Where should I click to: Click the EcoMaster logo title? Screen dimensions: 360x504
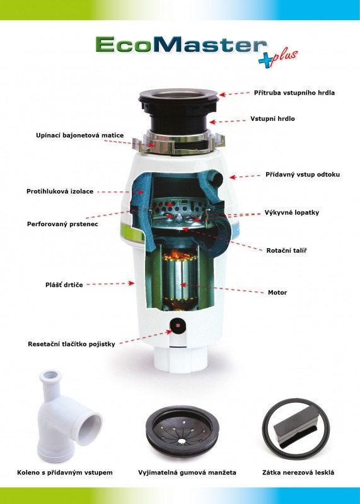point(181,44)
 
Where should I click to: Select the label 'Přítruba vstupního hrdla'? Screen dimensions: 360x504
point(294,93)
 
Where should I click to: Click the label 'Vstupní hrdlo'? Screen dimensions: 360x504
point(272,118)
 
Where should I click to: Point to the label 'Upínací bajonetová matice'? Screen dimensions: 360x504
point(80,135)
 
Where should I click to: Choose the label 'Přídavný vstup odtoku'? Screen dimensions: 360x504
point(303,175)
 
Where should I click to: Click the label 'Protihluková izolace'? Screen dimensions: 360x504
point(60,192)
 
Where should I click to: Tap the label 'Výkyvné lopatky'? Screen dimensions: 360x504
point(292,212)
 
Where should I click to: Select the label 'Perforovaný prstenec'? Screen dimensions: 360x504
point(62,224)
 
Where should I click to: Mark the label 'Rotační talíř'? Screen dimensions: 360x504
point(286,250)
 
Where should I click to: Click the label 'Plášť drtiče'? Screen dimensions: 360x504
point(64,285)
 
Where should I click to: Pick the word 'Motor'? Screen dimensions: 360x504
point(277,292)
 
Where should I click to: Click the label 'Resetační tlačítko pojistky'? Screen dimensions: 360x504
point(71,344)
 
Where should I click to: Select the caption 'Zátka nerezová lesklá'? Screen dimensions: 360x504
point(298,472)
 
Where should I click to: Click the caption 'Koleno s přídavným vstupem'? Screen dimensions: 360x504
point(65,472)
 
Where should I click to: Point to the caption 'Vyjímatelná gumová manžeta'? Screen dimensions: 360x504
point(187,472)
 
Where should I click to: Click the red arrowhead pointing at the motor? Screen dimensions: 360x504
point(182,285)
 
